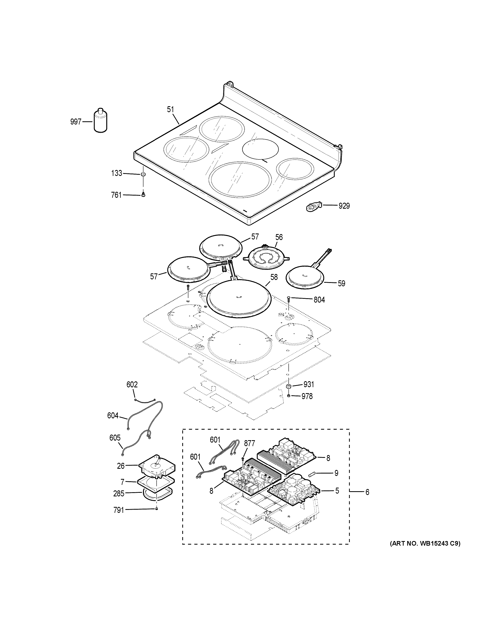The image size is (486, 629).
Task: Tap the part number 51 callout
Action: pos(171,109)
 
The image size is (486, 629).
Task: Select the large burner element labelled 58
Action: pos(240,298)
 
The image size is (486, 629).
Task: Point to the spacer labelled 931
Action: pos(288,385)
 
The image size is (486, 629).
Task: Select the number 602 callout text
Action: pos(132,384)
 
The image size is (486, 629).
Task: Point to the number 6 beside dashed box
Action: pos(367,492)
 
